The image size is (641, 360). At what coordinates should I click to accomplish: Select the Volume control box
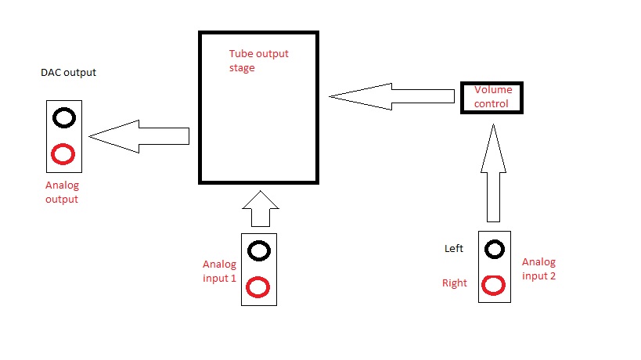[491, 97]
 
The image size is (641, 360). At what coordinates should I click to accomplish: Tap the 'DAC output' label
[68, 73]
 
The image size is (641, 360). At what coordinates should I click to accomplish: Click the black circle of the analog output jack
[63, 118]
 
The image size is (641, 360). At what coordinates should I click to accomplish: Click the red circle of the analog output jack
[63, 154]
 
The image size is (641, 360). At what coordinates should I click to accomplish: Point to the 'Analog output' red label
[62, 192]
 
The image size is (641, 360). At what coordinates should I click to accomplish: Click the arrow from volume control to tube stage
[391, 96]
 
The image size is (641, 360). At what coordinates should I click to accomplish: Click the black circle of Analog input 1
[259, 250]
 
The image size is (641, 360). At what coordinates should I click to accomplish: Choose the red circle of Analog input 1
[258, 288]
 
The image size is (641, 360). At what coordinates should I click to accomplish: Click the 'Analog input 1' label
[219, 271]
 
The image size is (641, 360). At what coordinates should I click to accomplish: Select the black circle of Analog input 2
[494, 249]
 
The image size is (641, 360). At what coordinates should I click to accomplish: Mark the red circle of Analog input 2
[493, 285]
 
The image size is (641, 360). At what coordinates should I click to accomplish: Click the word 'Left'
[454, 249]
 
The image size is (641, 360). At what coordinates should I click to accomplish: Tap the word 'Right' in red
[455, 283]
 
